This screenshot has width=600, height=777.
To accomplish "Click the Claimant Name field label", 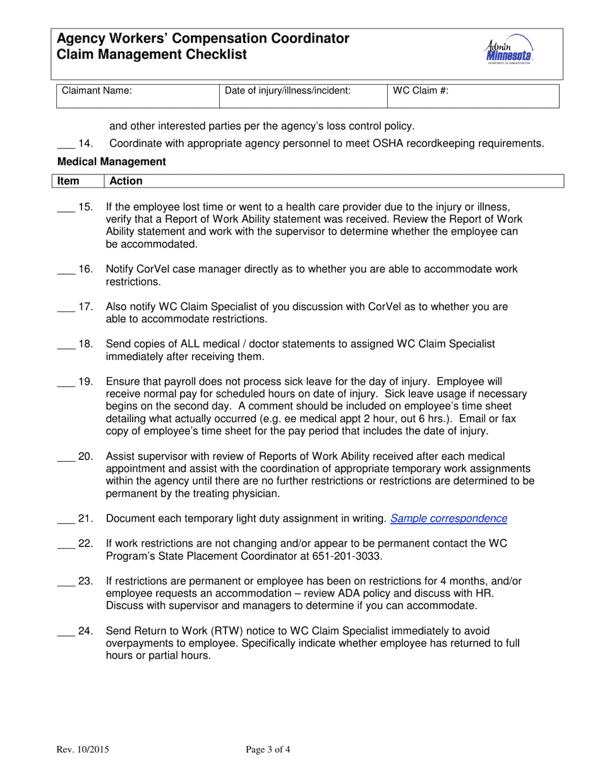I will point(97,91).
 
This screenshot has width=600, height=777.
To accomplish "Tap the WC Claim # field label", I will point(421,91).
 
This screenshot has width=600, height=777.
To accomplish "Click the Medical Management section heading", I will point(111,162).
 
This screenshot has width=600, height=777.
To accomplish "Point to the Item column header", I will point(68,181).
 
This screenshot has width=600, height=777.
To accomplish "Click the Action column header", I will point(126,181).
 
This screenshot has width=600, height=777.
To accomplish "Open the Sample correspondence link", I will point(448,519).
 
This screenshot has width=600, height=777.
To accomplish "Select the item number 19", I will point(85,382).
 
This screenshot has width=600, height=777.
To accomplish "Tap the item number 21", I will point(85,519).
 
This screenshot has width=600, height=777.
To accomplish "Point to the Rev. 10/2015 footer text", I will point(83,750).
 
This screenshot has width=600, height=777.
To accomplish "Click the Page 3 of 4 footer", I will point(268,750).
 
